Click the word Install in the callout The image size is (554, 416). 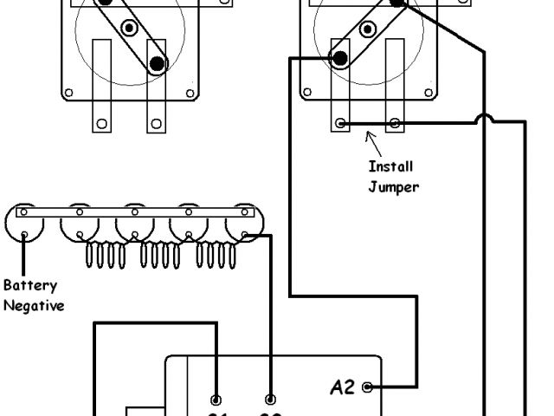[391, 166]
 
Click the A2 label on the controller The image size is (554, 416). [344, 387]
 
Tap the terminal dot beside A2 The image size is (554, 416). [369, 387]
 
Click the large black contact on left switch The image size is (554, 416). [157, 63]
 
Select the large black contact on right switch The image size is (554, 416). [339, 59]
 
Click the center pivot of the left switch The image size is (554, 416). [129, 29]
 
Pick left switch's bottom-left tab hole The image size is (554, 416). [102, 123]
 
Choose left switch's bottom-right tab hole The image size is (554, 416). [156, 123]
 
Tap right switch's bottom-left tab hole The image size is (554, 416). [341, 123]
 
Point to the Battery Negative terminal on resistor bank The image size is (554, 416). [25, 233]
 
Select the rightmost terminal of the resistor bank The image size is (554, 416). [245, 234]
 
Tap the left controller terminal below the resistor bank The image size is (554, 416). [216, 400]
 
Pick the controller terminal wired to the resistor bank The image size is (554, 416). [271, 400]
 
